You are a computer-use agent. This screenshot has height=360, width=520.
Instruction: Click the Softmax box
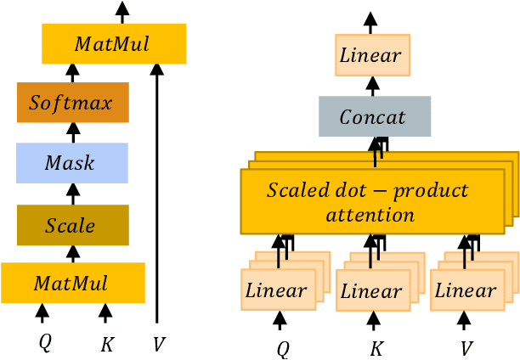[x=72, y=104]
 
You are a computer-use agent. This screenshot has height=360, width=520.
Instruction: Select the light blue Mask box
[x=72, y=163]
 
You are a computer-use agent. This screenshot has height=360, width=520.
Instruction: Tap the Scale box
[x=72, y=225]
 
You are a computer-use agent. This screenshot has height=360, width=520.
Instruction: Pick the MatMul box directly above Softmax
[x=113, y=43]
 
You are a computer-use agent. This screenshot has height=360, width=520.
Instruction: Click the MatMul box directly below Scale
[x=73, y=283]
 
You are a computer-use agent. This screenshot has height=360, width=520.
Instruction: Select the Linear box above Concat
[x=372, y=56]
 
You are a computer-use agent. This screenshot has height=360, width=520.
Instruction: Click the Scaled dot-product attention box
[x=367, y=201]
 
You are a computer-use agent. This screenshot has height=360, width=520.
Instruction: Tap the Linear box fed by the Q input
[x=276, y=290]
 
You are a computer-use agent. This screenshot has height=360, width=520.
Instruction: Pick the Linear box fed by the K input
[x=370, y=290]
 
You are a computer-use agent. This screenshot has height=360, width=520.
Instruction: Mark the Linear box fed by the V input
[x=464, y=290]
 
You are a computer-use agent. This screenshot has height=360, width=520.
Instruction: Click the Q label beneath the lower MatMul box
[x=44, y=343]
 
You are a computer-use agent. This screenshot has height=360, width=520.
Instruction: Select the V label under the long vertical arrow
[x=158, y=344]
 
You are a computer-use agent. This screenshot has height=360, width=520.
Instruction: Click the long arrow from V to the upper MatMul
[x=157, y=195]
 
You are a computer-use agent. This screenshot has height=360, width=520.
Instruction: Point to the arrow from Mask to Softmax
[x=73, y=132]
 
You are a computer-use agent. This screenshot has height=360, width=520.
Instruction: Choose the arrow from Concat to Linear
[x=372, y=86]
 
